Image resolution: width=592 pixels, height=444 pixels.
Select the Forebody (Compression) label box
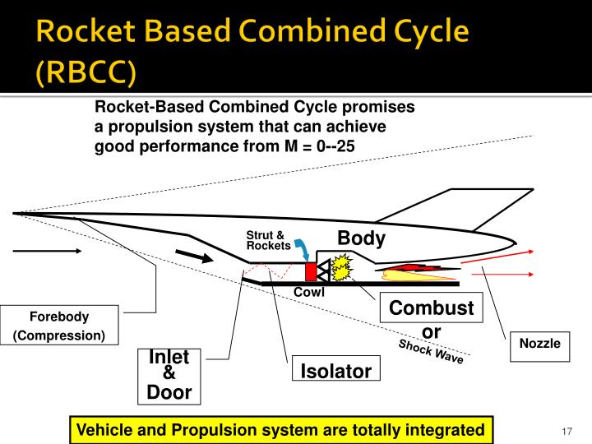(59, 326)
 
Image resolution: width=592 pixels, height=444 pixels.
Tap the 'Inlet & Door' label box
(169, 375)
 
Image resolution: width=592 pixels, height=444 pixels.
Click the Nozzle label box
(539, 344)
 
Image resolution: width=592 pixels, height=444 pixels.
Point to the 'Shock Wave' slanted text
(431, 351)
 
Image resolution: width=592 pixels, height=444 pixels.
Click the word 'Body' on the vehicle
(361, 238)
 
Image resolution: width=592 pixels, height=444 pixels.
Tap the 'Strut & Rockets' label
(268, 241)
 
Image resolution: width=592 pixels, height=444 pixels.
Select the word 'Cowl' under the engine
(309, 292)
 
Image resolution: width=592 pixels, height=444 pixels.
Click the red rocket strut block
(310, 271)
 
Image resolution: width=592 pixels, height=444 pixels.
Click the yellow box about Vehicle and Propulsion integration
(280, 429)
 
